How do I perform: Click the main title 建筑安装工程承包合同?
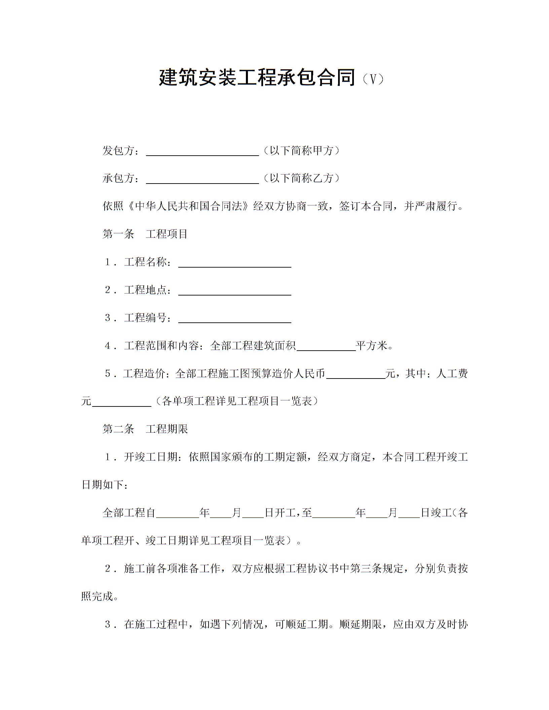click(257, 78)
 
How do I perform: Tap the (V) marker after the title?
click(373, 79)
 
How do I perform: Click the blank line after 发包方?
click(203, 152)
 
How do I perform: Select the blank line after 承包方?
click(203, 180)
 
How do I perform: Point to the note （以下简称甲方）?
click(301, 151)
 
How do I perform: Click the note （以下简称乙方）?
click(301, 179)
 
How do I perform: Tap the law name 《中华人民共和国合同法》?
click(189, 206)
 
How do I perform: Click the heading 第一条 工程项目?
click(145, 234)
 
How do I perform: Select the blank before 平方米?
click(326, 347)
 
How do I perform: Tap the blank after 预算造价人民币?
click(356, 375)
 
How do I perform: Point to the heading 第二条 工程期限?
click(145, 429)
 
